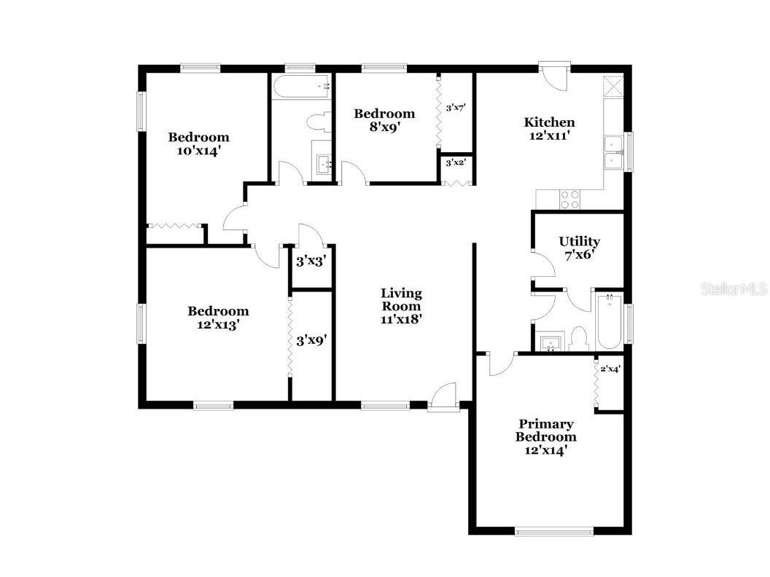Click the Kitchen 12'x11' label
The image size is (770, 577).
(550, 128)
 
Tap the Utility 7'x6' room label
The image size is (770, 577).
(580, 248)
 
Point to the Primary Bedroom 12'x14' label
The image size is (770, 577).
(545, 436)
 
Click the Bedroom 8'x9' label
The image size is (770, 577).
(384, 119)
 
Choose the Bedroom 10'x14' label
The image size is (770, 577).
(198, 144)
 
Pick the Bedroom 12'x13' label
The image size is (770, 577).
(218, 318)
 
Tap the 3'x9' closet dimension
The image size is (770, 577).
(311, 339)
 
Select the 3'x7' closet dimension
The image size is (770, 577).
(456, 108)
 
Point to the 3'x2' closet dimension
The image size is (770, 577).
(456, 162)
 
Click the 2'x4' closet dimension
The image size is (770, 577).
(610, 370)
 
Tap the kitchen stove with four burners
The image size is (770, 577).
(569, 200)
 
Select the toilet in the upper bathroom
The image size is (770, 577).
(318, 121)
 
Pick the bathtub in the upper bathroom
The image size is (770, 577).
(300, 87)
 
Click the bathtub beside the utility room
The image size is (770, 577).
(609, 321)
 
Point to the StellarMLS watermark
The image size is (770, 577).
(734, 289)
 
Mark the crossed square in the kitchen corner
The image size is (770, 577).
(615, 87)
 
